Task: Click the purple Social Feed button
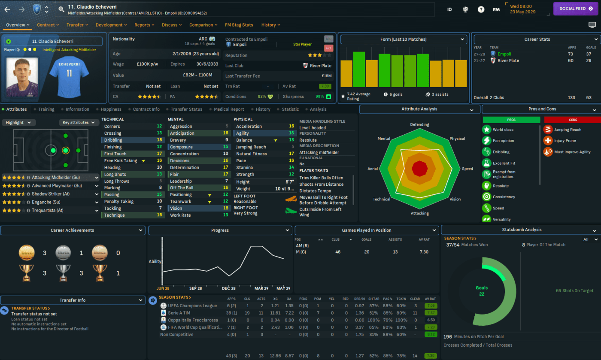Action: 575,9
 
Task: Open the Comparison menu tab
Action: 203,25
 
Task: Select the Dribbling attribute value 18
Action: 159,140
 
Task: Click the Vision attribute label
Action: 176,209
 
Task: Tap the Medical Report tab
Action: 229,109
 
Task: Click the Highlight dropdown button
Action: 18,123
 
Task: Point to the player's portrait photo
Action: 22,78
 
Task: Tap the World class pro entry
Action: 503,130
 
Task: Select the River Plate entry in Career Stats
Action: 508,61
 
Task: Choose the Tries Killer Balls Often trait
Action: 321,178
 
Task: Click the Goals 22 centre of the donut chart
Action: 482,290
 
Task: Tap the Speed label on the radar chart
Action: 467,169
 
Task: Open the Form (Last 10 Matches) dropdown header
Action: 403,39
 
